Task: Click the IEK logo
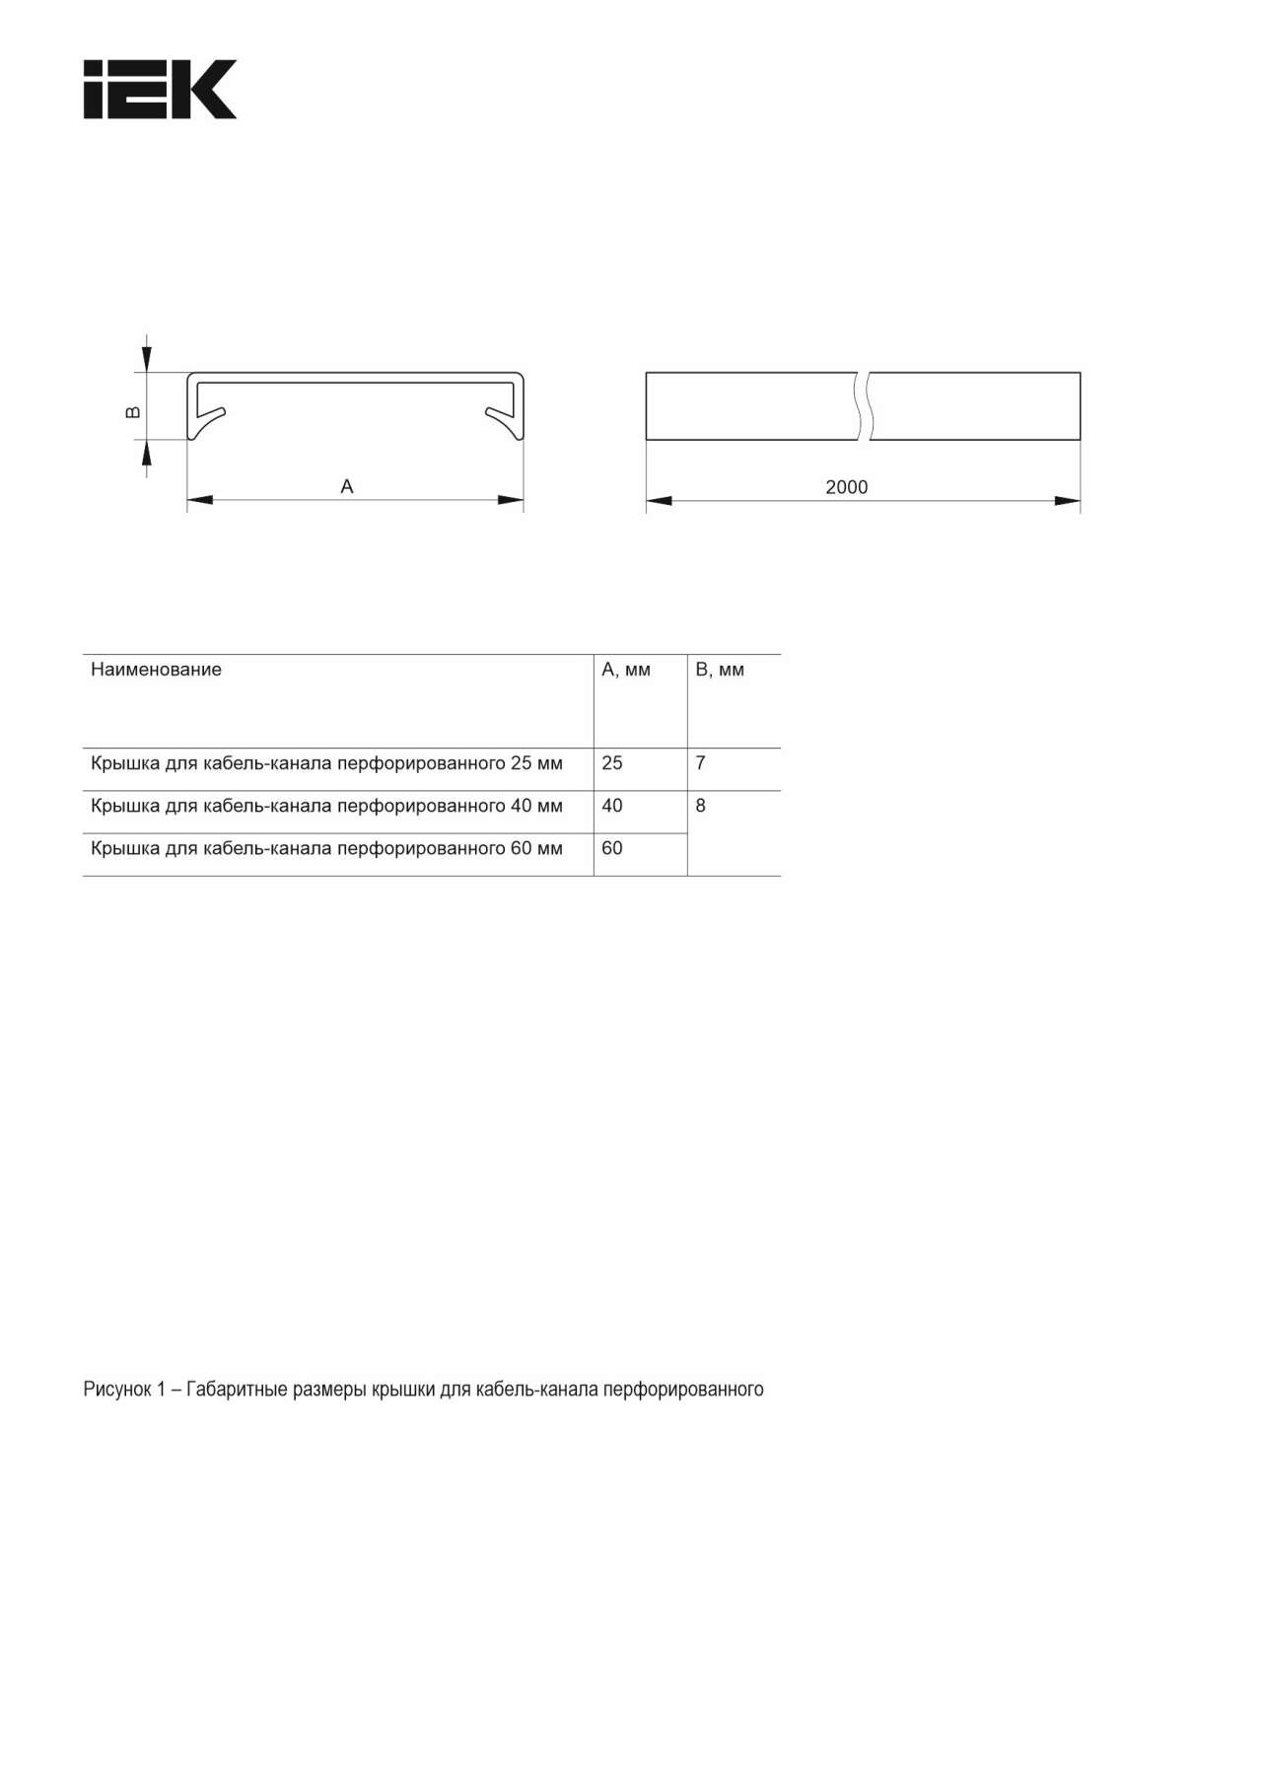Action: (160, 90)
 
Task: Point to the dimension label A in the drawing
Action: (347, 486)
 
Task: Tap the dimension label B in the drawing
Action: (134, 412)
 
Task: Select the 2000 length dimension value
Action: (846, 487)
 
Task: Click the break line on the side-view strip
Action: (865, 405)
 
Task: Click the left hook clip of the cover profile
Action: (208, 418)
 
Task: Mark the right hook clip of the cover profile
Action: (503, 418)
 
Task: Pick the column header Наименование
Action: (156, 670)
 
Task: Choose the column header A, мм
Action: (626, 670)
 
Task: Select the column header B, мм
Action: (720, 670)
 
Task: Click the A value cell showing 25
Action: (612, 763)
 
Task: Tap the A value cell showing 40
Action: (612, 806)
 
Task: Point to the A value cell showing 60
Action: (612, 848)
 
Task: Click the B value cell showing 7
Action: (701, 763)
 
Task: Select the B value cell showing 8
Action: (701, 806)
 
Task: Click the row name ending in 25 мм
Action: (326, 763)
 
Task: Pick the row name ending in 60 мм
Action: (326, 848)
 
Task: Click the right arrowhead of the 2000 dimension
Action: (1068, 501)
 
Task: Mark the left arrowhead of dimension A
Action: (200, 500)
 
